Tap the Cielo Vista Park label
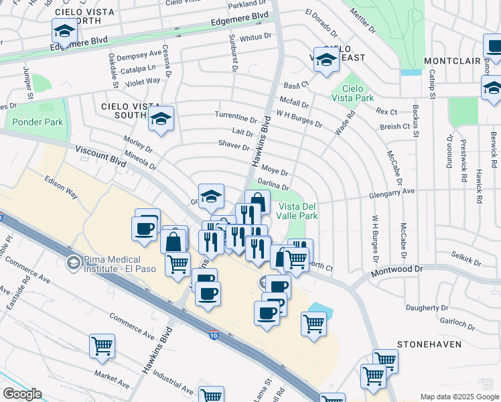[357, 93]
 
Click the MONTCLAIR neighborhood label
[452, 61]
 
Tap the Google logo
[22, 394]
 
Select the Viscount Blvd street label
[100, 156]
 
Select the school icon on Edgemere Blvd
[64, 31]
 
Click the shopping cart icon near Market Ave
[102, 346]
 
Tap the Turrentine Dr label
[236, 116]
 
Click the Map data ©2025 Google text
[459, 397]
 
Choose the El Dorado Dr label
[321, 23]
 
